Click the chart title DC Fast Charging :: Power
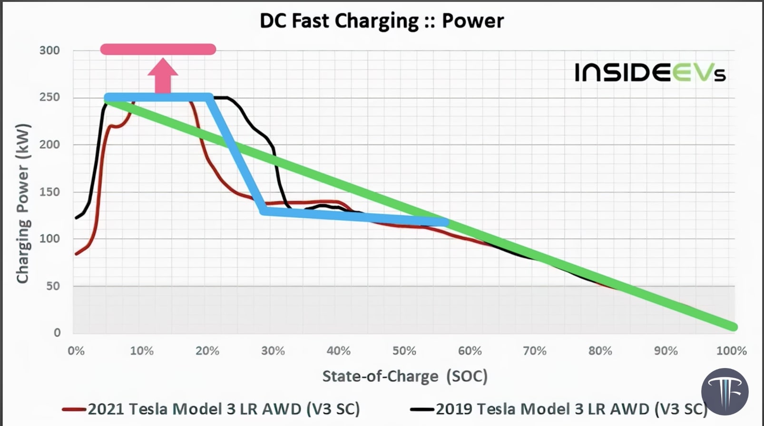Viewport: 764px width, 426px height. (x=382, y=21)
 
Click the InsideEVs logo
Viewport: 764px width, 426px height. (x=650, y=73)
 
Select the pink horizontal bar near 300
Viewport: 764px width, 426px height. (x=158, y=49)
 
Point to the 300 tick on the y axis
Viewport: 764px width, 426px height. (x=49, y=50)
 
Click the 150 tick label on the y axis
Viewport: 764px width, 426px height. (x=49, y=192)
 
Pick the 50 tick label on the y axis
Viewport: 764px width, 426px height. (x=53, y=286)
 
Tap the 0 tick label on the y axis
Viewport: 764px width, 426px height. (x=57, y=333)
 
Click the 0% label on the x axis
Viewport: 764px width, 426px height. (x=76, y=351)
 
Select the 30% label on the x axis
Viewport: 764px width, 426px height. (x=273, y=351)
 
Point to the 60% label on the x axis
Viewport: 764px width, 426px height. (x=470, y=351)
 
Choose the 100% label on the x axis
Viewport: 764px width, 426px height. (x=731, y=351)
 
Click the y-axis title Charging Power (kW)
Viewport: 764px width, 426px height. (x=23, y=203)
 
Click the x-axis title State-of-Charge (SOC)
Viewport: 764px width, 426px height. (x=405, y=377)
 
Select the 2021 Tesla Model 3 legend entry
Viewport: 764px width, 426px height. (x=211, y=409)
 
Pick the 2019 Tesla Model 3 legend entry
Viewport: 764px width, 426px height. (x=559, y=409)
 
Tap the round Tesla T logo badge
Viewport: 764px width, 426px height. (x=725, y=392)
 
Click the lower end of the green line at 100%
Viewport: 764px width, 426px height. (x=733, y=327)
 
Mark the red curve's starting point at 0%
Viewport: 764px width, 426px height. (x=77, y=254)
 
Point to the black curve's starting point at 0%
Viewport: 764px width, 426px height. (x=76, y=218)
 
